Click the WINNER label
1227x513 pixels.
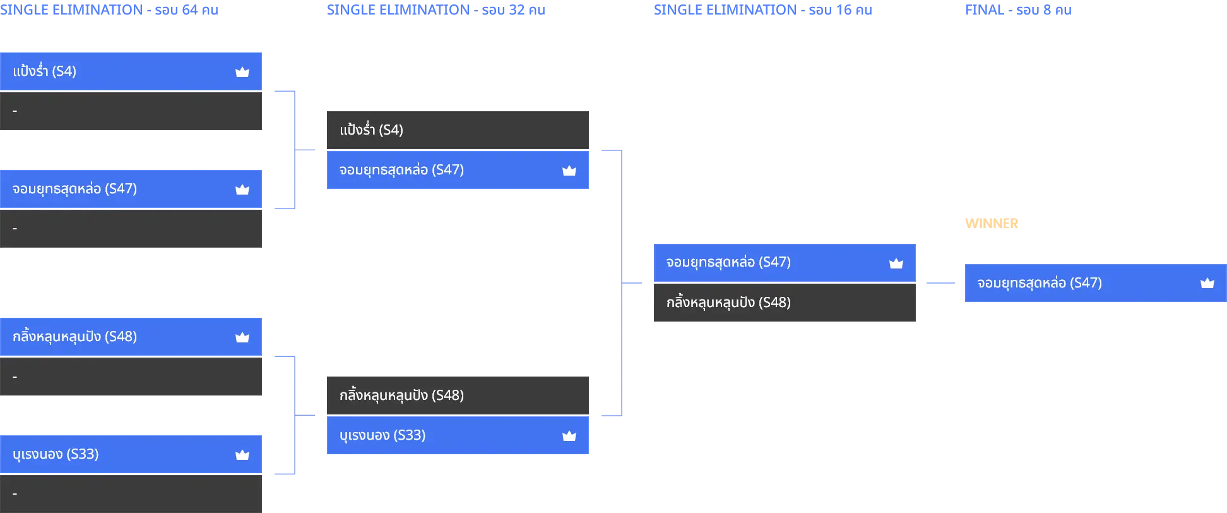[x=992, y=224]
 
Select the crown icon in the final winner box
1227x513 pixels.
[x=1207, y=283]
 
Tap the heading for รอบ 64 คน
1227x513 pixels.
[x=109, y=10]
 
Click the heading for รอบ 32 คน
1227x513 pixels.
[x=436, y=10]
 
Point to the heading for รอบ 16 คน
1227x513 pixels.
[x=763, y=10]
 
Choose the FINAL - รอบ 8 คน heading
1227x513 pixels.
[x=1018, y=10]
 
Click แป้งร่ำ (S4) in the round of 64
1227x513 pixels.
[x=44, y=71]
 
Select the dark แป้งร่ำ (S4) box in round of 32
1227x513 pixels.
[x=458, y=130]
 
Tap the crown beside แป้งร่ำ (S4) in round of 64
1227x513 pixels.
[x=242, y=72]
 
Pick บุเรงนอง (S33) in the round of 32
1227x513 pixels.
[x=382, y=435]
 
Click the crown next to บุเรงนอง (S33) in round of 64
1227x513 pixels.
[x=242, y=455]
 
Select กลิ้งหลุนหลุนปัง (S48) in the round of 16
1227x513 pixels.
[x=728, y=303]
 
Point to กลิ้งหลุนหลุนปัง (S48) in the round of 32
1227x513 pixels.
[x=401, y=395]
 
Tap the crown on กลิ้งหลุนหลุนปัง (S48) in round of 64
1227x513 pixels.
[x=242, y=337]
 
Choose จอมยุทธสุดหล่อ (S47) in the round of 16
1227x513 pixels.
[x=728, y=262]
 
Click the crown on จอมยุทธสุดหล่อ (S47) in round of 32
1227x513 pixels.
[x=569, y=171]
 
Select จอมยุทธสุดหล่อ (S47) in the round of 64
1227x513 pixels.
[x=74, y=189]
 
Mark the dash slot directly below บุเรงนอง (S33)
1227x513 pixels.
[x=131, y=494]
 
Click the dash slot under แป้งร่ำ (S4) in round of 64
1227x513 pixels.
[x=131, y=111]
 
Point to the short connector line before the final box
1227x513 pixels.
[x=940, y=283]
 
